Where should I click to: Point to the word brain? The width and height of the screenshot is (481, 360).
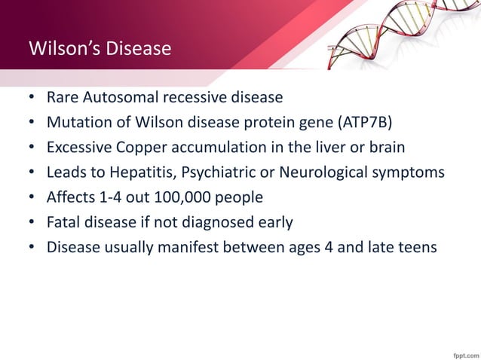pyautogui.click(x=386, y=147)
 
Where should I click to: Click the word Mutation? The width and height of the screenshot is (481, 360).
pyautogui.click(x=78, y=122)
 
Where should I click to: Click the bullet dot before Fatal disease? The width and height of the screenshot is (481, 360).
pyautogui.click(x=32, y=222)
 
